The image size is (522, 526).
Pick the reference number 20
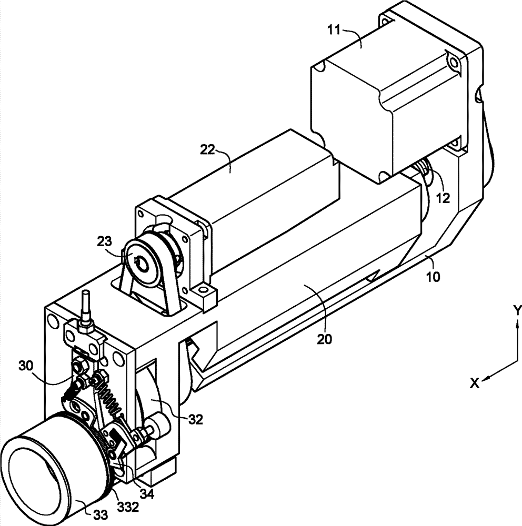[x=324, y=340]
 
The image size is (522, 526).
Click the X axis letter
[x=475, y=383]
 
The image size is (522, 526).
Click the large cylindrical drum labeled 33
[x=47, y=463]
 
